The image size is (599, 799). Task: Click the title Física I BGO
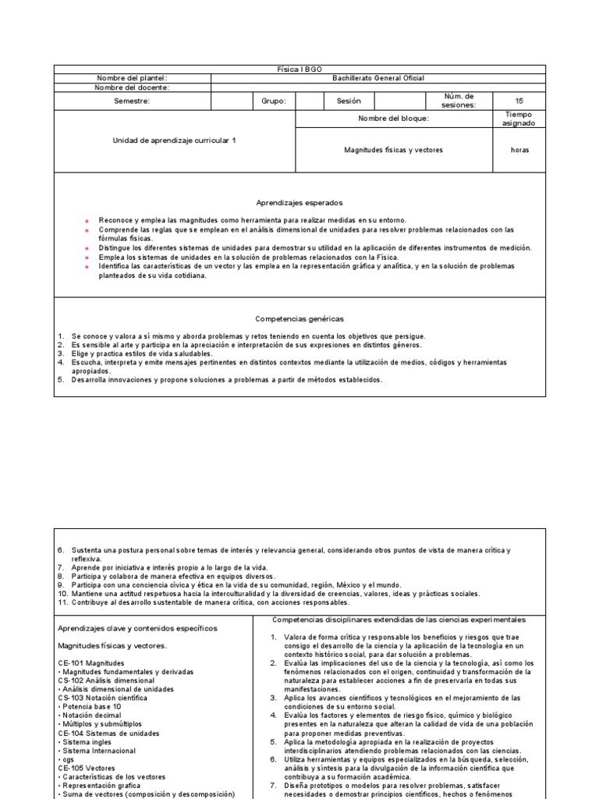(299, 69)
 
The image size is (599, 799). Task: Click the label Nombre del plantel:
(132, 78)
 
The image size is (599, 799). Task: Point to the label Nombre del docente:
(132, 87)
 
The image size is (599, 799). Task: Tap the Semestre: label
(132, 101)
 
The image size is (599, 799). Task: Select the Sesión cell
(349, 101)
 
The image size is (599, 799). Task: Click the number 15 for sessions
(519, 101)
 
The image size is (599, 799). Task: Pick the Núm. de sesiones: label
(457, 101)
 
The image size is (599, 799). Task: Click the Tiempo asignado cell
(519, 119)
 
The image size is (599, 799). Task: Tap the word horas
(519, 150)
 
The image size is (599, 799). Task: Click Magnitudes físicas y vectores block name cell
(393, 150)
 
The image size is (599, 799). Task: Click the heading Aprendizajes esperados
(288, 202)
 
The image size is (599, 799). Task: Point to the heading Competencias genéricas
(288, 318)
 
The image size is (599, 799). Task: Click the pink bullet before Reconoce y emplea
(87, 221)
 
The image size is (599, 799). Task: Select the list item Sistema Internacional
(97, 751)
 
